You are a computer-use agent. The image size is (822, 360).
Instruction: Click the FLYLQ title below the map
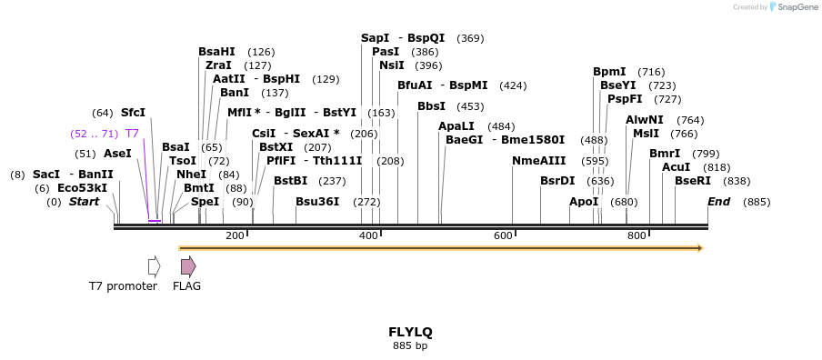[x=410, y=332]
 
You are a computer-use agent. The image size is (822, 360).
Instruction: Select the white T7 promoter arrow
[x=154, y=266]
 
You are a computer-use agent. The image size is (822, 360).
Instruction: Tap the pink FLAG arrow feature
[x=187, y=266]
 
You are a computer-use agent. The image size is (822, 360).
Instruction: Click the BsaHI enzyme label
[x=216, y=52]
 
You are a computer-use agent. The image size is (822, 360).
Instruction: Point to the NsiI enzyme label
[x=391, y=65]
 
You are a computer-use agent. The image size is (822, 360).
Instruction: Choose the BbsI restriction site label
[x=431, y=106]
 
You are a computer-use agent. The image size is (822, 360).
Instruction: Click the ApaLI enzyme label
[x=456, y=126]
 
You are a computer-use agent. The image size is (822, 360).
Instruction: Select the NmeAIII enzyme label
[x=534, y=161]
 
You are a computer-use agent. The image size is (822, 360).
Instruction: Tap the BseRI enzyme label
[x=693, y=181]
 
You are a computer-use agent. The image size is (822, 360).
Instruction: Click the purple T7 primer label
[x=132, y=134]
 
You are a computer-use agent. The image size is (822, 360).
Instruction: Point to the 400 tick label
[x=368, y=236]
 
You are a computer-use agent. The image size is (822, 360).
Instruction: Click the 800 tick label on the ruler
[x=637, y=236]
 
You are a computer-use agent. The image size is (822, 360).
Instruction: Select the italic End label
[x=718, y=202]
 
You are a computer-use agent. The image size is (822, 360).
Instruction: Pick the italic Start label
[x=84, y=202]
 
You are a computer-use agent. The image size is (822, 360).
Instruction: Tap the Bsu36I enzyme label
[x=317, y=202]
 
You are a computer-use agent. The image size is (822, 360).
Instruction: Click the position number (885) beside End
[x=757, y=202]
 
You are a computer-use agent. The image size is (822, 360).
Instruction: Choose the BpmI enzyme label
[x=609, y=72]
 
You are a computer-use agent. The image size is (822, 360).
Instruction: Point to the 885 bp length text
[x=410, y=346]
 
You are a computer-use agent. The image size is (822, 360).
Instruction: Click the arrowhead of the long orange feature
[x=699, y=247]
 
